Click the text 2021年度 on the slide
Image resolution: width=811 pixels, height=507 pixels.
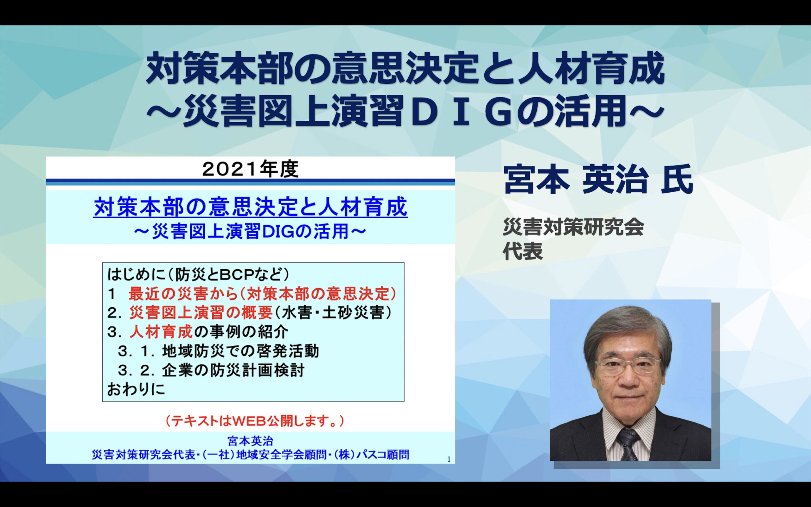[250, 170]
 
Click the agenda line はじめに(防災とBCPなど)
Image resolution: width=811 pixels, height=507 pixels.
[198, 275]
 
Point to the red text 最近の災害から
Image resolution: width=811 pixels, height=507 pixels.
[183, 294]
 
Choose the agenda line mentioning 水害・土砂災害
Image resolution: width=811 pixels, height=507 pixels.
[249, 313]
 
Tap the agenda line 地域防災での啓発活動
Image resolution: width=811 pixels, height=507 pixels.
[218, 351]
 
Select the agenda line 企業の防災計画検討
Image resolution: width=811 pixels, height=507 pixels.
[211, 370]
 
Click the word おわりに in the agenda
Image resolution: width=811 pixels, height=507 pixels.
[136, 389]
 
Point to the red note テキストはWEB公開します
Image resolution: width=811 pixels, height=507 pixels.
[255, 421]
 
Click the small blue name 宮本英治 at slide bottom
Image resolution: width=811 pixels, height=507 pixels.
[250, 440]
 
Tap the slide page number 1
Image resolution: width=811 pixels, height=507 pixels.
[449, 459]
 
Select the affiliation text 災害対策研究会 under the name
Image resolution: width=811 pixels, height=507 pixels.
[573, 227]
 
